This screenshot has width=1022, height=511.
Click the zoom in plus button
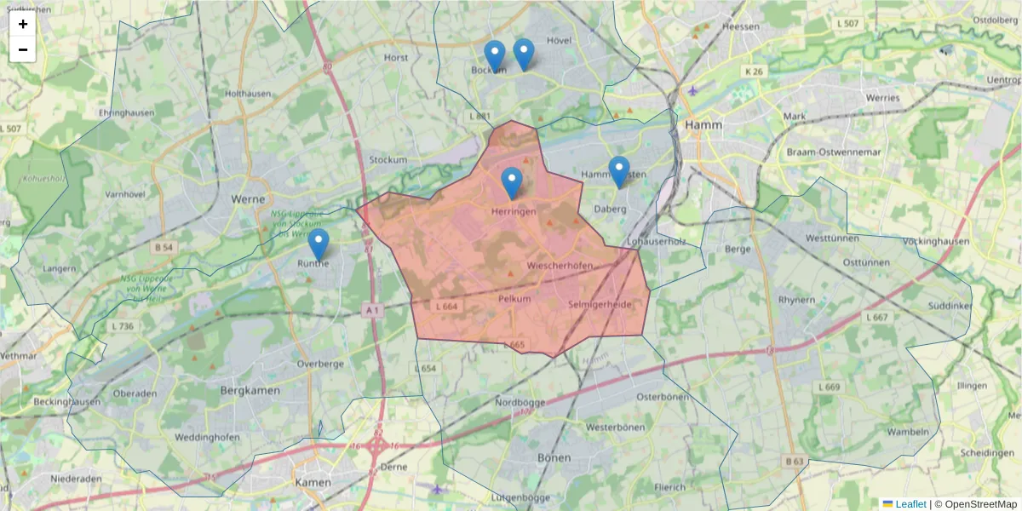(x=23, y=24)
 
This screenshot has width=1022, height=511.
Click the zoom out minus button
(x=23, y=49)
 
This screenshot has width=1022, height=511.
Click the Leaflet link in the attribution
(x=910, y=504)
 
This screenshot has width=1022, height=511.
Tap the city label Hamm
(x=703, y=124)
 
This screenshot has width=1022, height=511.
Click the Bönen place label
(x=554, y=457)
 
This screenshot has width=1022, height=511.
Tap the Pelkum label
(x=514, y=299)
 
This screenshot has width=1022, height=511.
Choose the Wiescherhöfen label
(x=560, y=267)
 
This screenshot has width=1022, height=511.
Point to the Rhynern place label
(x=797, y=300)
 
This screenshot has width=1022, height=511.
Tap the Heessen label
(x=740, y=26)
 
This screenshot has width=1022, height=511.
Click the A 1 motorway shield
(x=371, y=311)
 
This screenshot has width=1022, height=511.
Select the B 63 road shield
(x=794, y=461)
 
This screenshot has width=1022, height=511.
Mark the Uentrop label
(x=1002, y=79)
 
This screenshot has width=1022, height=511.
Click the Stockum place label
(x=388, y=159)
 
